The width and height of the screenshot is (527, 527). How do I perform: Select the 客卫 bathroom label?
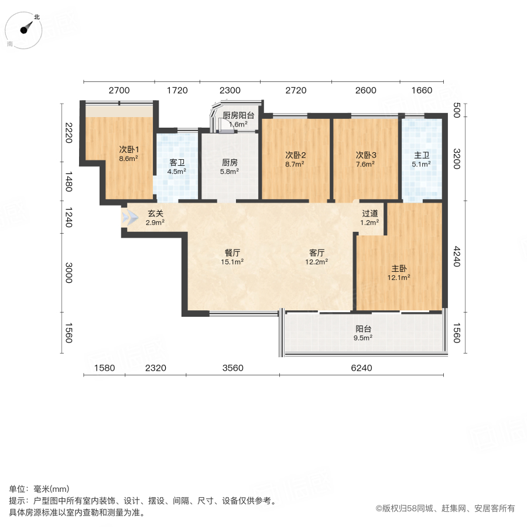(177, 163)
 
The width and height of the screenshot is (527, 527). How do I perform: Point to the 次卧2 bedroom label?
(296, 155)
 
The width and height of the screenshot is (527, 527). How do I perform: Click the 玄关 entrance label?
(155, 214)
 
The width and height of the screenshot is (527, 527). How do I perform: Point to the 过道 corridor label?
(369, 214)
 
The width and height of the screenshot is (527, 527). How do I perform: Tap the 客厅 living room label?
(317, 253)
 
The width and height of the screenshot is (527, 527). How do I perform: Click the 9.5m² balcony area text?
(364, 337)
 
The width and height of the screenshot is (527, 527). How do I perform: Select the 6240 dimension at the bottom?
(361, 368)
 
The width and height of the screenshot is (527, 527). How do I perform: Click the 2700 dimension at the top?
(118, 90)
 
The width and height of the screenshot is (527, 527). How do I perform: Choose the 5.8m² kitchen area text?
(229, 172)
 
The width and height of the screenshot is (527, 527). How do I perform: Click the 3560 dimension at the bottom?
(232, 368)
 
